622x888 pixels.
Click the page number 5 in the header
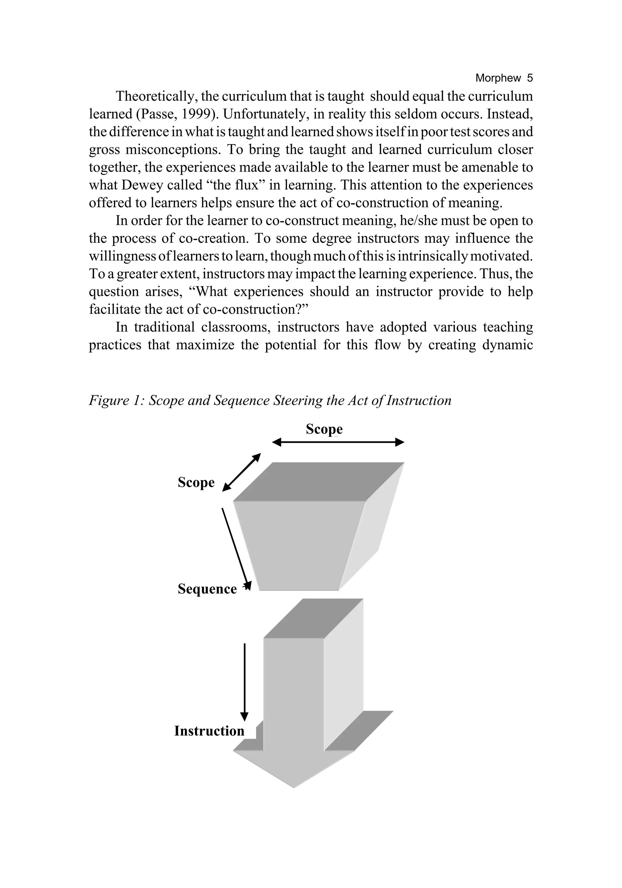click(x=529, y=78)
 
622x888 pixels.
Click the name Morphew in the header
click(x=498, y=78)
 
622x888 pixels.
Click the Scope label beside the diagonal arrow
click(x=196, y=482)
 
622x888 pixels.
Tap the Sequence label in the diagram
click(x=207, y=589)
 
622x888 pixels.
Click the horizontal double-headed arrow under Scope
click(x=338, y=442)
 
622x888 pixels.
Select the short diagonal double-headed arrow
click(x=241, y=472)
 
